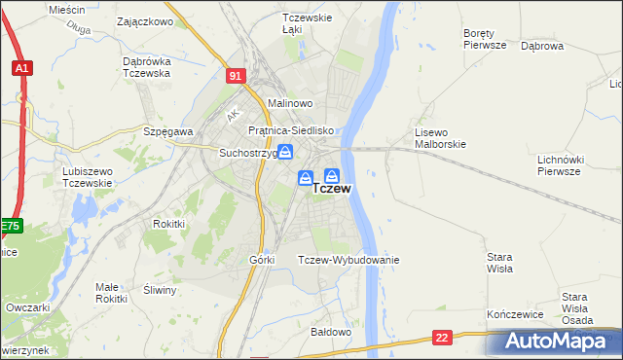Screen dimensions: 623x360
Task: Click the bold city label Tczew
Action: (332, 190)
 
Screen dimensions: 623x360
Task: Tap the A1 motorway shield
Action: (21, 68)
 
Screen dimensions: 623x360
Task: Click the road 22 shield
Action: (443, 337)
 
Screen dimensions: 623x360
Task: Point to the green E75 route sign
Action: (9, 226)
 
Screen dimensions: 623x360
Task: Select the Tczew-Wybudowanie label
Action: (348, 260)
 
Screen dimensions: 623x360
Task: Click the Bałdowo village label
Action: (330, 332)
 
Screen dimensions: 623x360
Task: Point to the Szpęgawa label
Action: (167, 130)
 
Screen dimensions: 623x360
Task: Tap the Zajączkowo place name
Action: (144, 20)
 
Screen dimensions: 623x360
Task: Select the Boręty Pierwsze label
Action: (484, 38)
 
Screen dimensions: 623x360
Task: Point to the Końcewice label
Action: (512, 316)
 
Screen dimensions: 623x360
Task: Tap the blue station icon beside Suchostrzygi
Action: (285, 152)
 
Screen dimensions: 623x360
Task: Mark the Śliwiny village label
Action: (159, 290)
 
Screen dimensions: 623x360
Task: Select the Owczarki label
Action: (27, 306)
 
